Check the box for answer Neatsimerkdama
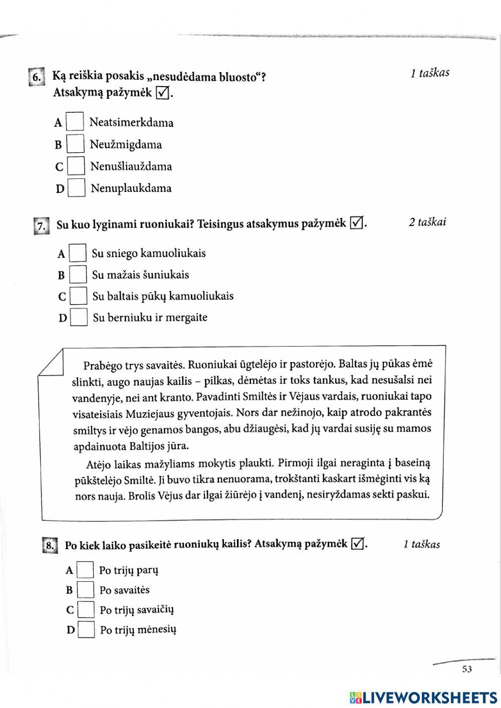click(x=75, y=122)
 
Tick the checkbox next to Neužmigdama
click(x=76, y=144)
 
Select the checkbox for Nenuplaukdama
click(x=77, y=188)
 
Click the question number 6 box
click(x=37, y=77)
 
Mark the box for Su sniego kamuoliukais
click(x=78, y=253)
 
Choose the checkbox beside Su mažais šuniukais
click(x=78, y=275)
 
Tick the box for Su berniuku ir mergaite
click(x=79, y=317)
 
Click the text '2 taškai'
click(x=427, y=222)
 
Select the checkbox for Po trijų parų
click(x=86, y=570)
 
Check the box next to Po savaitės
click(x=86, y=590)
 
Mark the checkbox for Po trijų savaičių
click(x=86, y=610)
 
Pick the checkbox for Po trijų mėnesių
click(x=87, y=629)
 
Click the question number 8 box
click(x=50, y=545)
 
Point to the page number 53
click(x=467, y=669)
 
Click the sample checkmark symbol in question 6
click(x=162, y=93)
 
